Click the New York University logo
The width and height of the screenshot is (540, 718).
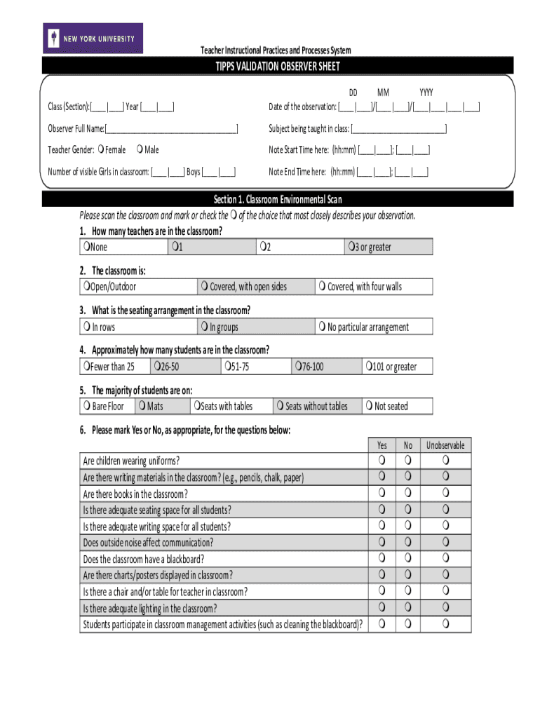tap(93, 39)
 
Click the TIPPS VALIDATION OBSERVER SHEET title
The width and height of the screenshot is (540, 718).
tap(277, 67)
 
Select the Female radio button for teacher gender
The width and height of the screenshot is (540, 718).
tap(102, 149)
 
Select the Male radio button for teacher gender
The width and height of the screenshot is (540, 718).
tap(141, 149)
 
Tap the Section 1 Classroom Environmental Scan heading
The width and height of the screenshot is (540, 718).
tap(277, 200)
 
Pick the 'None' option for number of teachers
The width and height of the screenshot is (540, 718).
tap(85, 247)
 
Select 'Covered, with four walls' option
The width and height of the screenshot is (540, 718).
tap(322, 286)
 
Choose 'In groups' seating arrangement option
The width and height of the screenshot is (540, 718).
tap(204, 327)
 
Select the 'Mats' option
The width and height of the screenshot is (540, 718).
tap(142, 406)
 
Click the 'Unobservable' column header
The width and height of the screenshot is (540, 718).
tap(445, 445)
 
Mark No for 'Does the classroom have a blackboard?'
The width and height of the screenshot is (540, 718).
tap(407, 559)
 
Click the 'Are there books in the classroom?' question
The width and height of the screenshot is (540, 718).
tap(135, 494)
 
